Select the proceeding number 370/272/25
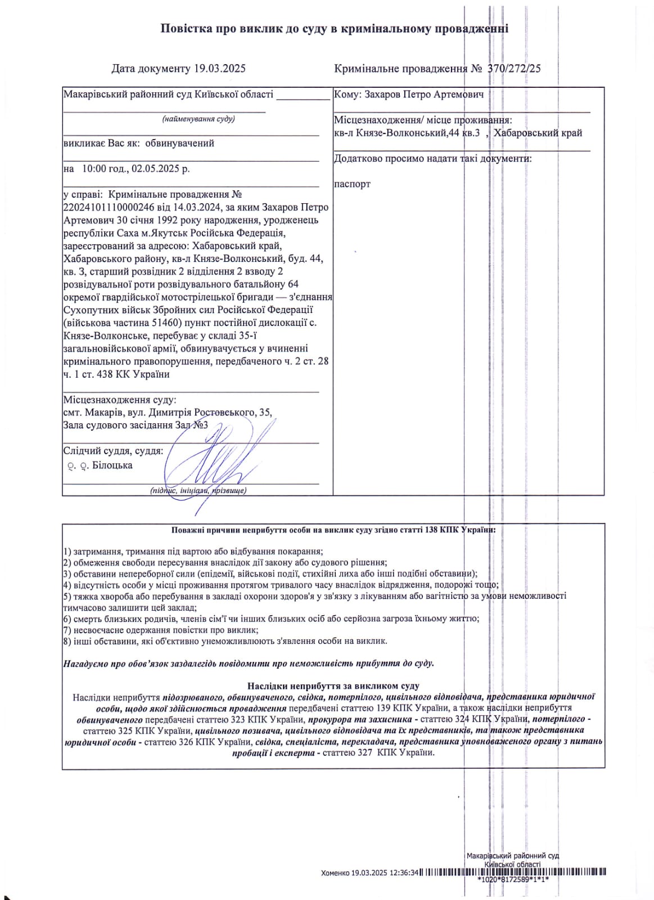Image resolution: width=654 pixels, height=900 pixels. click(514, 69)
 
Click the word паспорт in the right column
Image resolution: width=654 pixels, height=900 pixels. click(352, 184)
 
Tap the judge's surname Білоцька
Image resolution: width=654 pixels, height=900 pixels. click(112, 465)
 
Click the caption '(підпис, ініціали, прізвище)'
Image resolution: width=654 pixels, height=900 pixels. click(198, 490)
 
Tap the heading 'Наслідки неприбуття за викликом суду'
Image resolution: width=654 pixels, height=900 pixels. click(333, 686)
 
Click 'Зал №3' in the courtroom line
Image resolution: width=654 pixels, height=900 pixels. click(191, 425)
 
